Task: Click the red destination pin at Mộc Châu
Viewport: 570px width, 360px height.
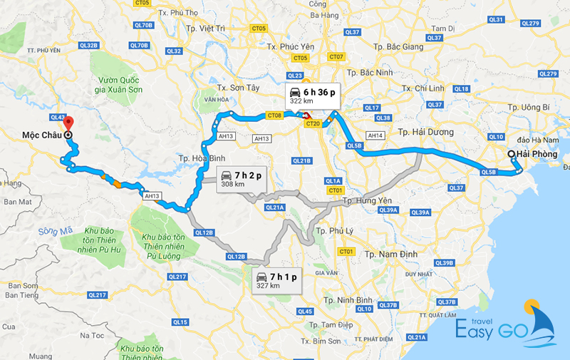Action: coord(68,121)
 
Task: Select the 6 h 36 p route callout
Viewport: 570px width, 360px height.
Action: coord(311,96)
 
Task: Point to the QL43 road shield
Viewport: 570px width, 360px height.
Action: coord(58,117)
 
